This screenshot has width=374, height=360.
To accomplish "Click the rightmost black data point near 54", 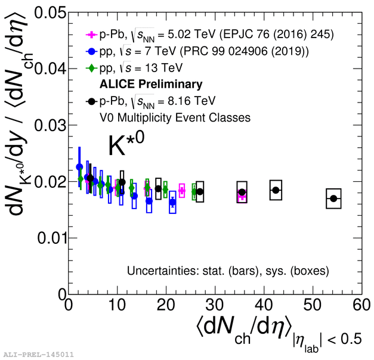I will tap(333, 198).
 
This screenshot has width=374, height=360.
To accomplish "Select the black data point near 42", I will tap(276, 190).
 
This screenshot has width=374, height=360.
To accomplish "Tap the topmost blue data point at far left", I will tap(79, 167).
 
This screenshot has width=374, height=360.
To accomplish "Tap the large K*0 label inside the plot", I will tap(126, 145).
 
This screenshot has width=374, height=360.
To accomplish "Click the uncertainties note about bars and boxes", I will tap(228, 271).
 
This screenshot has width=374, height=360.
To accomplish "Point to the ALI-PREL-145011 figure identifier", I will tap(38, 355).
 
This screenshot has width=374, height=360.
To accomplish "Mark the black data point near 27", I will tap(200, 192).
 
